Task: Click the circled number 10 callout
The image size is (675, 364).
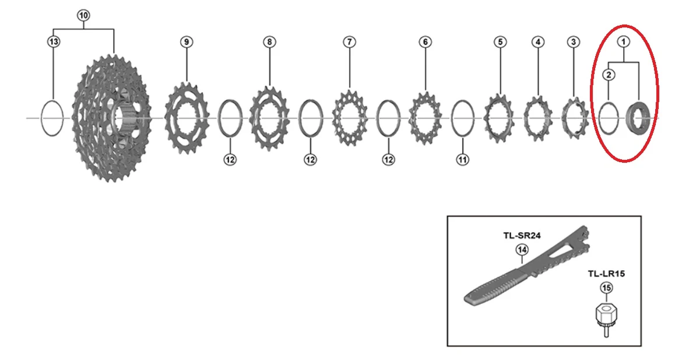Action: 83,16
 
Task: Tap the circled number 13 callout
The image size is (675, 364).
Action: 54,41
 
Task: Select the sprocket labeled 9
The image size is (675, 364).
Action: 187,118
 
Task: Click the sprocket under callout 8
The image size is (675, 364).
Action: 269,118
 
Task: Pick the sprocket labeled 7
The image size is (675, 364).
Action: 350,118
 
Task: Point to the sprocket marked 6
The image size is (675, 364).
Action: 426,118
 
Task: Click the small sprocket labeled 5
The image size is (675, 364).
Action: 500,118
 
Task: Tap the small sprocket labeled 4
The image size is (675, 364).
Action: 537,118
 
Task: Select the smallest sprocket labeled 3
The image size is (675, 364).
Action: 575,118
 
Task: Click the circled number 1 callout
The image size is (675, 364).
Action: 623,41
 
